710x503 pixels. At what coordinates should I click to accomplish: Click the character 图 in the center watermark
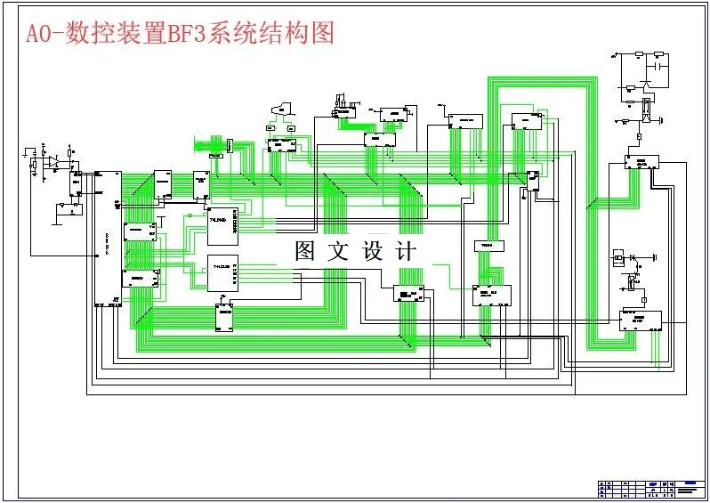click(306, 251)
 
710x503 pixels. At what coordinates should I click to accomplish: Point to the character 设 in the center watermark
click(373, 251)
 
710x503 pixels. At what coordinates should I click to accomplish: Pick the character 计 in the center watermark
click(406, 251)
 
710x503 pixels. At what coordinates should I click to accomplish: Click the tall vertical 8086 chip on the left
click(109, 237)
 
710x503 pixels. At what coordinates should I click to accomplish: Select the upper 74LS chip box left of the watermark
click(221, 227)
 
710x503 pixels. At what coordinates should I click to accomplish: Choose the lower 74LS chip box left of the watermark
click(222, 272)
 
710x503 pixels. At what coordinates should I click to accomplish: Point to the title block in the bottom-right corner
click(652, 488)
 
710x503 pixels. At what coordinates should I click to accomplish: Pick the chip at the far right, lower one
click(641, 318)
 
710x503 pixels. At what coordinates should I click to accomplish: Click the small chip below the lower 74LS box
click(224, 317)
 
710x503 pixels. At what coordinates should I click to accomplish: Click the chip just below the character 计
click(408, 294)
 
